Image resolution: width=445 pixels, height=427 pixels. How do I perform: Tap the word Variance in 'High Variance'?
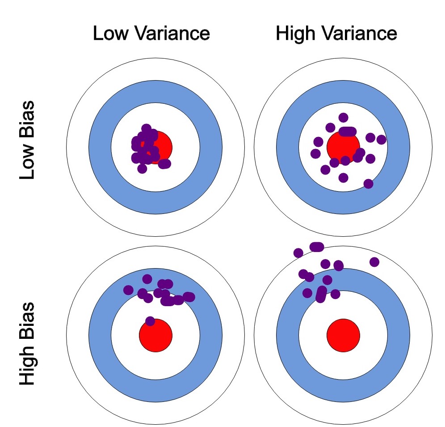pos(357,34)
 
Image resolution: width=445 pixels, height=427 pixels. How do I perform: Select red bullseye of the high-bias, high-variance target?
pos(343,335)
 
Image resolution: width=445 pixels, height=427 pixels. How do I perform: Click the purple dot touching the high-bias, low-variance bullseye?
pos(150,321)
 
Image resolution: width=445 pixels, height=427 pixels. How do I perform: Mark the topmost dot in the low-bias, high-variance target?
pos(343,118)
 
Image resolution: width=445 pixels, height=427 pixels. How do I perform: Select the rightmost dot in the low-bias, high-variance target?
pos(381,140)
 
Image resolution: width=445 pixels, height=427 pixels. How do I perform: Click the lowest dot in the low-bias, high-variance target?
pos(368,184)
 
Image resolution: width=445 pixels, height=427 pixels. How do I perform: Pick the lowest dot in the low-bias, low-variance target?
pos(142,169)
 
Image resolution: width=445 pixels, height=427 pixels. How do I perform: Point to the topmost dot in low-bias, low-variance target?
pos(146,128)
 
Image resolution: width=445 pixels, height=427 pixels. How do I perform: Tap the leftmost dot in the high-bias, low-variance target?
pos(128,290)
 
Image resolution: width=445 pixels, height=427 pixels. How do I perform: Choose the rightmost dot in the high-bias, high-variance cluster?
pos(374,262)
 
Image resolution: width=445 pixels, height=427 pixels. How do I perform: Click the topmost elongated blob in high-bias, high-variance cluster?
pos(316,247)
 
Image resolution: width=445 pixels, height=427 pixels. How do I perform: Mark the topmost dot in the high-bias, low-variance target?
pos(147,279)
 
